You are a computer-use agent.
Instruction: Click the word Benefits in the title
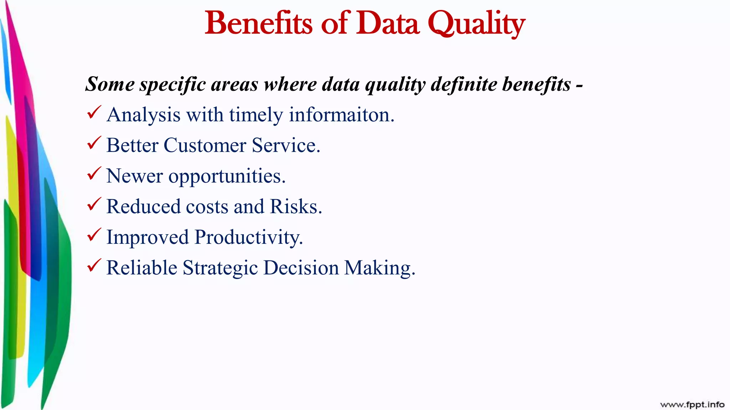pyautogui.click(x=258, y=23)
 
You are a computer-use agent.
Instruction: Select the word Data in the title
pyautogui.click(x=387, y=23)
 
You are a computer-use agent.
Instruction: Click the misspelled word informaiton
pyautogui.click(x=341, y=115)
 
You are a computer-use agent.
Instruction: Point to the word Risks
pyautogui.click(x=295, y=207)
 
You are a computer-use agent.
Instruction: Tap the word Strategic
pyautogui.click(x=220, y=268)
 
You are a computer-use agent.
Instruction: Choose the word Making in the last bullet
pyautogui.click(x=379, y=268)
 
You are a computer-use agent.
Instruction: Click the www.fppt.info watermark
pyautogui.click(x=692, y=405)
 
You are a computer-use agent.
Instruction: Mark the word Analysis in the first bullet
pyautogui.click(x=143, y=115)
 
